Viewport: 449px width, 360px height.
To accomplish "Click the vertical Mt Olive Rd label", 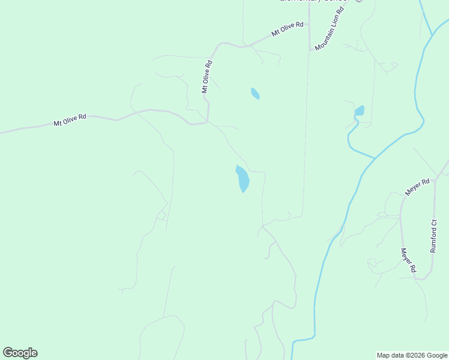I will click(207, 76).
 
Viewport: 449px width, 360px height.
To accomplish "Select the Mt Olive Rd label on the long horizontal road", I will click(70, 119).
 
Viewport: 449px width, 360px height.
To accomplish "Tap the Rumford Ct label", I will click(434, 236).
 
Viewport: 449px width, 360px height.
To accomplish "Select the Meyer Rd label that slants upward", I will click(418, 186).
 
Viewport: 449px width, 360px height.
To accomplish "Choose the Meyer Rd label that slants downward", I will click(408, 261).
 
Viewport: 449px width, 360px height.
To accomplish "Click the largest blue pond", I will click(243, 179).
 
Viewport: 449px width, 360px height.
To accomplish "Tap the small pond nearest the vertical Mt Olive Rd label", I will click(255, 93).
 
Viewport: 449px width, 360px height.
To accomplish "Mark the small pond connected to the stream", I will click(360, 111).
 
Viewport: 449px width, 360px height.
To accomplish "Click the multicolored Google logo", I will click(20, 353).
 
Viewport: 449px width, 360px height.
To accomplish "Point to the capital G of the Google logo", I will click(8, 353).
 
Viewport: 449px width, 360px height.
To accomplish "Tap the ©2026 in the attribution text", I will click(414, 355).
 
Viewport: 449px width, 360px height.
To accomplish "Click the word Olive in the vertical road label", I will click(207, 74).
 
